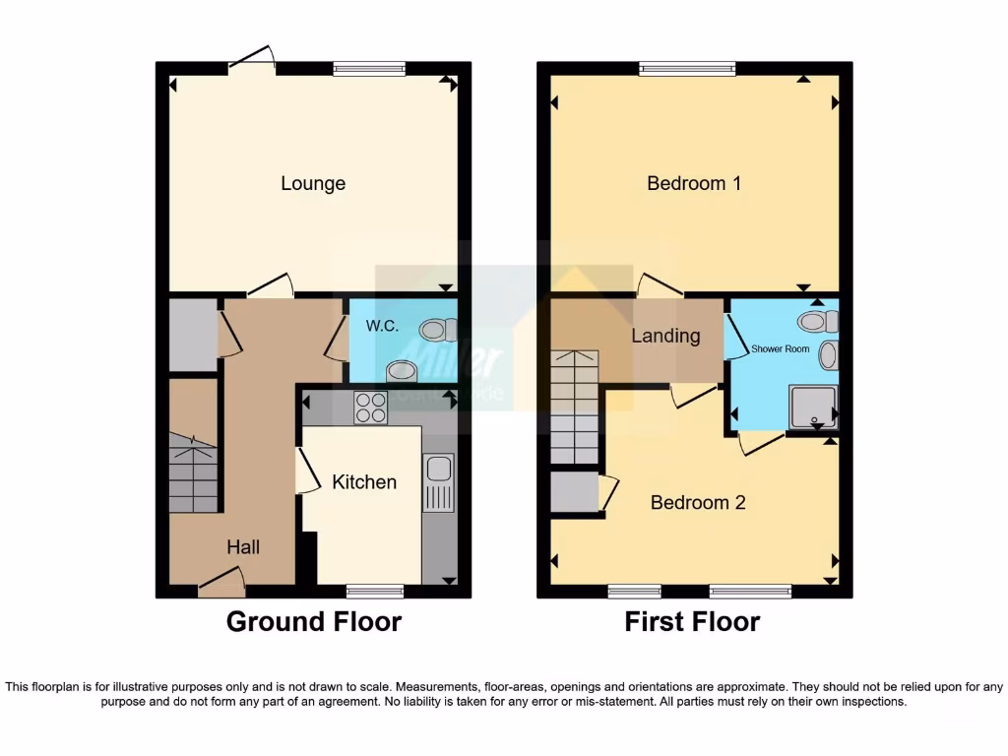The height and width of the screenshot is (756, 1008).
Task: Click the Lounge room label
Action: pos(313,183)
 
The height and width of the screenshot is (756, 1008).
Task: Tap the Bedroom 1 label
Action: pos(693,183)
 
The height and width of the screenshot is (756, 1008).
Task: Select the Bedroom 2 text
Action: pos(698,503)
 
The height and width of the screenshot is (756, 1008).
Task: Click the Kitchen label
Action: pos(363,482)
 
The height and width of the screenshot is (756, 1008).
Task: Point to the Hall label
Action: pos(243,547)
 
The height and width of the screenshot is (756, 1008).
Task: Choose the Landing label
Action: pos(665,336)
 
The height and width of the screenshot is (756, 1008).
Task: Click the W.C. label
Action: pos(383,326)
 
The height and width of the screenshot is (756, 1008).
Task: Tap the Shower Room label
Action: pos(781,348)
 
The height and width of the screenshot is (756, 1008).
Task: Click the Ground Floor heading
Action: pos(313,622)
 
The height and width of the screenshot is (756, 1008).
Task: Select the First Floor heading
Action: pos(692,622)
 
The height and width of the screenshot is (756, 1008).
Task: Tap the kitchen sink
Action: pos(438,482)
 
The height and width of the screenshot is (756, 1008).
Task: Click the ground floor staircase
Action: pos(193,472)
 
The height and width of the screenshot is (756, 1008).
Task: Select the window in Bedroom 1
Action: pos(686,68)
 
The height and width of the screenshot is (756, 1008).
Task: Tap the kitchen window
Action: pos(375,592)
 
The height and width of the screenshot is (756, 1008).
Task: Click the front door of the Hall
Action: pos(221,589)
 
